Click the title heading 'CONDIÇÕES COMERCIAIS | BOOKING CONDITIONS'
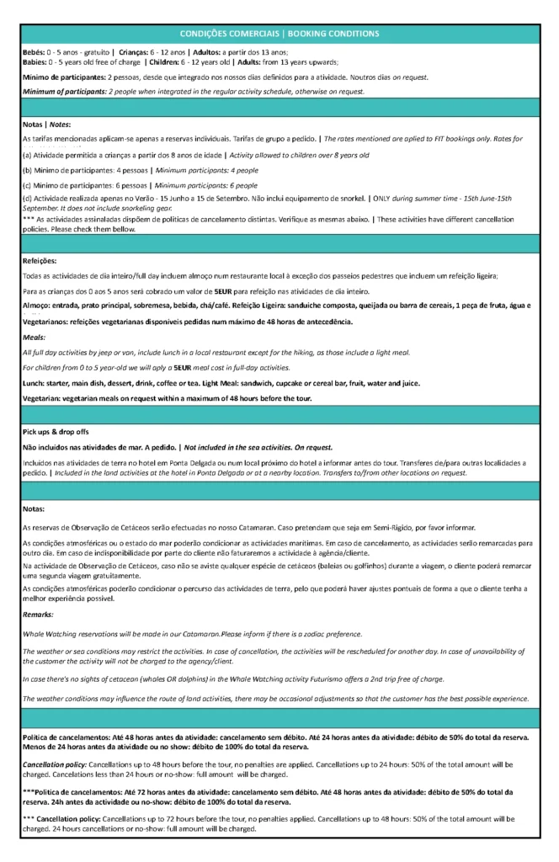(279, 33)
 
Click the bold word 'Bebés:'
(35, 52)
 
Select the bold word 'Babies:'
(35, 62)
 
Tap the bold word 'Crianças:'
(136, 52)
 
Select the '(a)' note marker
(27, 156)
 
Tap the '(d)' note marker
(27, 200)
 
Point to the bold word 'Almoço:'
(36, 305)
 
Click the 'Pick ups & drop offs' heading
(55, 431)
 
